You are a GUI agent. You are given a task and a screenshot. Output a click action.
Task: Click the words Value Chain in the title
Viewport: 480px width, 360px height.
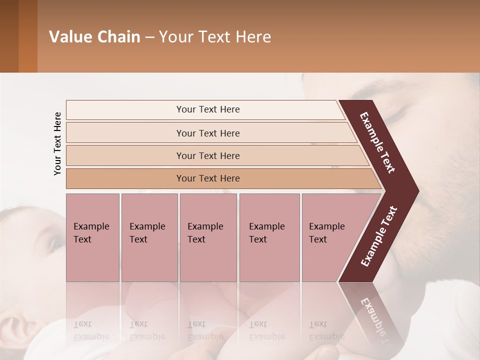click(94, 37)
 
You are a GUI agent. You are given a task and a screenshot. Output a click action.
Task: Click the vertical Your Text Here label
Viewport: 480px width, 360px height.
click(57, 143)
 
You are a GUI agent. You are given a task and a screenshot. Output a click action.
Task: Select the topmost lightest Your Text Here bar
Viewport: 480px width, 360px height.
click(207, 109)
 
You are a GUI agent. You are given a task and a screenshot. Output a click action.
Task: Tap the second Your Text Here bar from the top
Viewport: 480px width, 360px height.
click(207, 133)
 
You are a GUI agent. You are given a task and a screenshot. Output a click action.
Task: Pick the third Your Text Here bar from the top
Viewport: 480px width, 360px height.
click(207, 155)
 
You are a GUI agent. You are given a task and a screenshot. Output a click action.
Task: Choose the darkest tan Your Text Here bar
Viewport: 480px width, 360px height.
click(207, 178)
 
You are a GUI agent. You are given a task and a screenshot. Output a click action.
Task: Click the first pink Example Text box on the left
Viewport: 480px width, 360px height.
click(92, 237)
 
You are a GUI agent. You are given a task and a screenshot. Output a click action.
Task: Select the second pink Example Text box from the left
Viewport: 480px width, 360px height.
click(149, 237)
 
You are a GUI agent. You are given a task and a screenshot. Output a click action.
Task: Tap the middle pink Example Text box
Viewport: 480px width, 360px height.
click(208, 237)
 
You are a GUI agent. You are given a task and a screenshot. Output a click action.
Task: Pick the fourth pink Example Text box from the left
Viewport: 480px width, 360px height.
click(269, 237)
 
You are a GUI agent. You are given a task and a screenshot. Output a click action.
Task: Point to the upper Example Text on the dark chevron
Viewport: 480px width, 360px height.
click(377, 142)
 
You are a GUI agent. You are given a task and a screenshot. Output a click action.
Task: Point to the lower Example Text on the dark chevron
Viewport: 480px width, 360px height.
click(378, 236)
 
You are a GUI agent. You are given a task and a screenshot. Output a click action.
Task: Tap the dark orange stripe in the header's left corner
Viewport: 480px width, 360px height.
click(27, 36)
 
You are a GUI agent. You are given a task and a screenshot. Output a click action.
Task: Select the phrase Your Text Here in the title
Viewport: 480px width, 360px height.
click(215, 37)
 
